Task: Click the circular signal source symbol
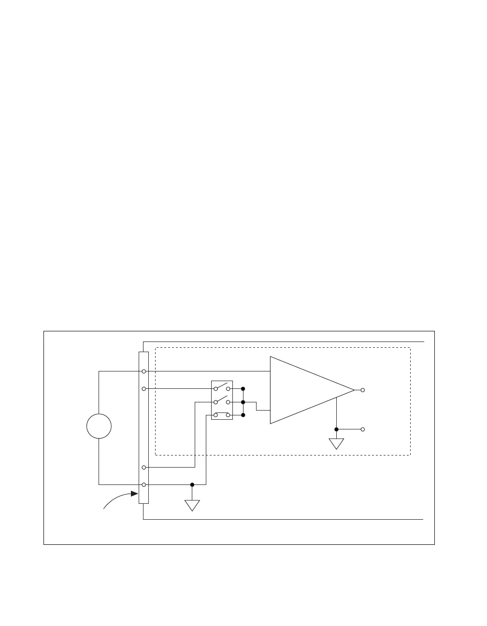coord(99,427)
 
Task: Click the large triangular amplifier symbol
coord(304,390)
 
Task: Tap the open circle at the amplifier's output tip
coord(363,390)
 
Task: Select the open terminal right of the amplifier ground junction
coord(363,429)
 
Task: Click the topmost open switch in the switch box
coord(222,387)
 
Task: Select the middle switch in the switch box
coord(222,401)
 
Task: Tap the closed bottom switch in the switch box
coord(222,414)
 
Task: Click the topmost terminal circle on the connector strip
coord(144,371)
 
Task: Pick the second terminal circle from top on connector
coord(144,388)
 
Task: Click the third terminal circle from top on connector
coord(144,468)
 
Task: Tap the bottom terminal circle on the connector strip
coord(144,484)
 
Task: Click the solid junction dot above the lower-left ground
coord(192,484)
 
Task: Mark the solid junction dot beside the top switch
coord(243,388)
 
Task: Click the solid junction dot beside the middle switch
coord(243,402)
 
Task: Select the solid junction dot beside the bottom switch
coord(243,415)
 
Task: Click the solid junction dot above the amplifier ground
coord(336,429)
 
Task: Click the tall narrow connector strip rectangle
coord(144,427)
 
